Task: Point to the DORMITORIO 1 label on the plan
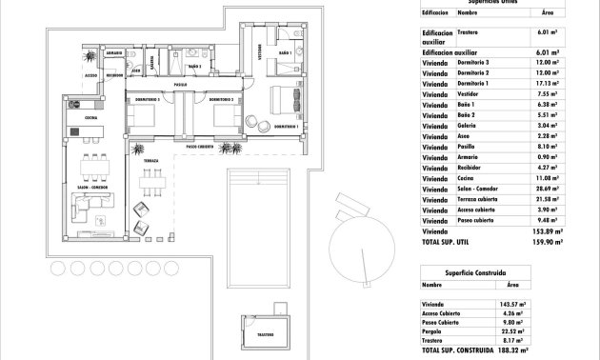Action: [287, 127]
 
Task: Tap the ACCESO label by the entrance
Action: [91, 72]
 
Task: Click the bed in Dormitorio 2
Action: [225, 118]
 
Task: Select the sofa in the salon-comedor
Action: [91, 230]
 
